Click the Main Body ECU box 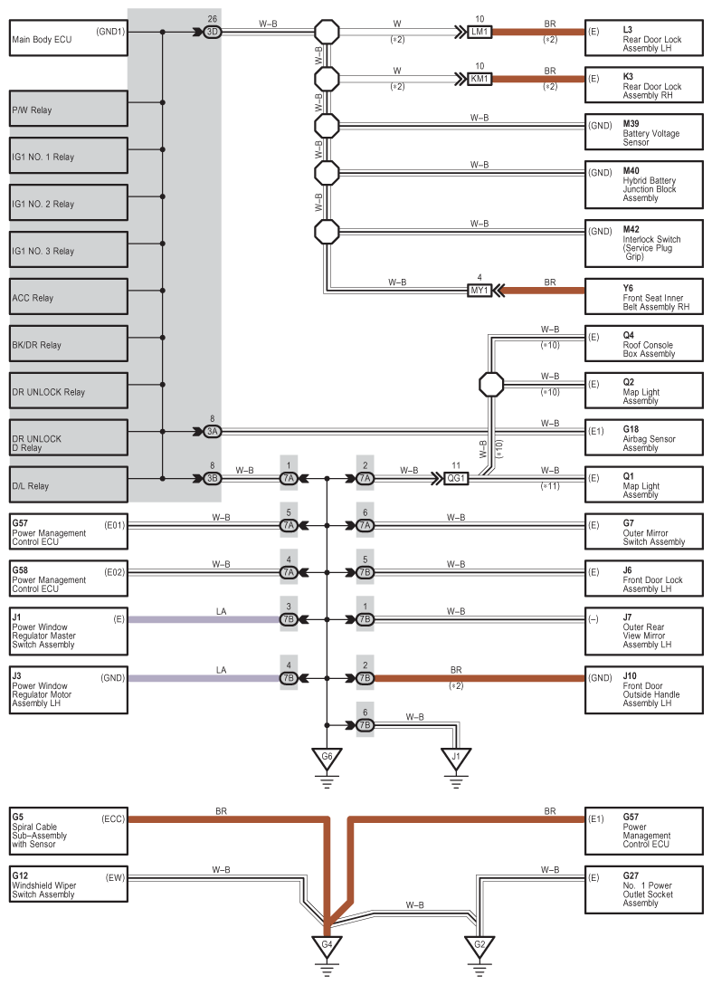click(x=69, y=38)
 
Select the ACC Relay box click(x=69, y=297)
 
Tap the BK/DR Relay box click(x=69, y=344)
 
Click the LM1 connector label click(x=479, y=32)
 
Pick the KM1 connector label click(x=479, y=79)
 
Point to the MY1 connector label click(x=479, y=291)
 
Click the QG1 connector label click(x=456, y=479)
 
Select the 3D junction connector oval click(x=213, y=32)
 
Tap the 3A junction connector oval click(x=213, y=432)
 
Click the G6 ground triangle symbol click(x=328, y=759)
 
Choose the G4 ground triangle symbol click(x=328, y=946)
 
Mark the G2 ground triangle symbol click(x=479, y=946)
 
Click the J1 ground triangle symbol click(x=456, y=759)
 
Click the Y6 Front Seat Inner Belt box click(x=643, y=297)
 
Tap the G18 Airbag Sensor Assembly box click(x=643, y=437)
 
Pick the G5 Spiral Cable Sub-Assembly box click(x=69, y=830)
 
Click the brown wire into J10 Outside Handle click(x=479, y=678)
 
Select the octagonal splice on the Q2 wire click(x=491, y=385)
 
